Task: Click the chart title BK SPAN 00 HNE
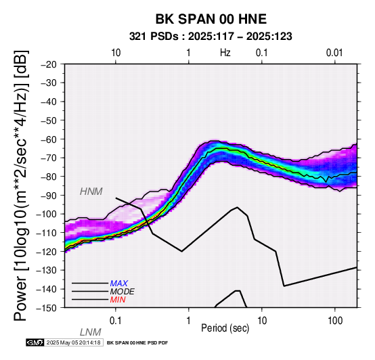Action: pos(211,19)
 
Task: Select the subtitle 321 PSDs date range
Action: pos(211,37)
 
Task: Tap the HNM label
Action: pos(91,192)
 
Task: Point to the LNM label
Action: pos(91,332)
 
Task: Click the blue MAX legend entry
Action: pos(119,284)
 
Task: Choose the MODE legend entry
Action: pos(123,292)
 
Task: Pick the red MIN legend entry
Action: pos(118,300)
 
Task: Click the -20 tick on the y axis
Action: pos(49,64)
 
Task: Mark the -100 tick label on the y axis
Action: pos(47,214)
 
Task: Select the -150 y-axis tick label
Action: pos(47,308)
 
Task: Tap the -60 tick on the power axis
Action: pos(49,139)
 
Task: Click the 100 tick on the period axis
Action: pos(335,321)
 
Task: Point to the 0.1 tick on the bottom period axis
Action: pos(116,321)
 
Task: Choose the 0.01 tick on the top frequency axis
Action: pos(334,53)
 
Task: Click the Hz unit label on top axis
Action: pos(225,53)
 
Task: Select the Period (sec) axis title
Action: pos(225,328)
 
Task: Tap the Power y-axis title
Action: pos(21,185)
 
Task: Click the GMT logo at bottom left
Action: pos(35,342)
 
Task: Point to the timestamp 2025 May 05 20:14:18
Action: pos(73,342)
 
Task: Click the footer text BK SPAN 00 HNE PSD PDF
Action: pos(137,343)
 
